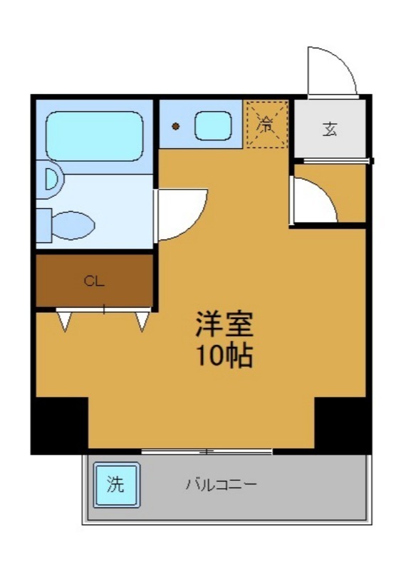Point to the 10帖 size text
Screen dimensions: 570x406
coord(225,356)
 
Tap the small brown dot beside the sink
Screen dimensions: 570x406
coord(175,127)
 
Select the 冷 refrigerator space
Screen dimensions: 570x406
coord(266,126)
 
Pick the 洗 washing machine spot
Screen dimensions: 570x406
coord(115,485)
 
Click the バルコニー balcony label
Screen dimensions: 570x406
coord(222,485)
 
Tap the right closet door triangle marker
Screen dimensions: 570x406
coord(142,321)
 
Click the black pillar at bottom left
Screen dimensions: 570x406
coord(60,424)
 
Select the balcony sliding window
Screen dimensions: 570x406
coord(207,452)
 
